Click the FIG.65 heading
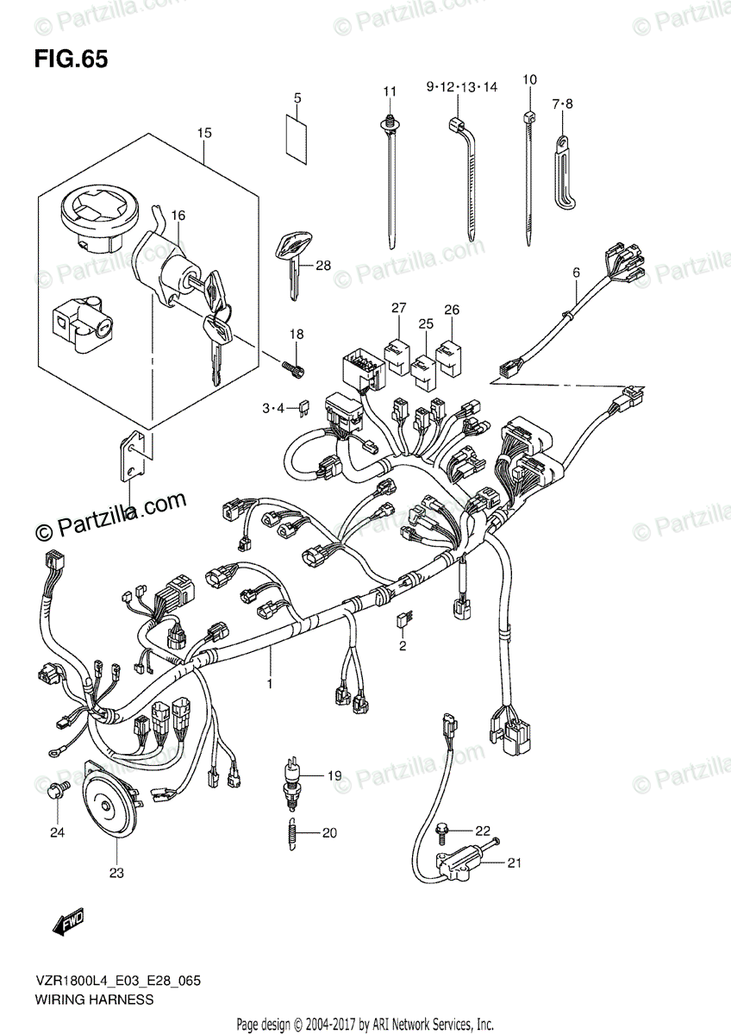click(x=72, y=60)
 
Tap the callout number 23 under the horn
click(x=116, y=873)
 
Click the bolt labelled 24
click(x=59, y=789)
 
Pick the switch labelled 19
click(x=293, y=776)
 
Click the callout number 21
click(x=515, y=862)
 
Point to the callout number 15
click(x=203, y=133)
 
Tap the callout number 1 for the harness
click(x=269, y=683)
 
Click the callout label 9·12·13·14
click(x=461, y=87)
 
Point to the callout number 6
click(x=576, y=273)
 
